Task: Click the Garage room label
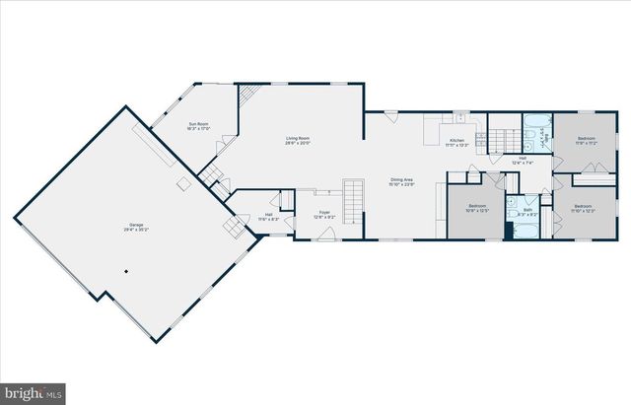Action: (x=136, y=229)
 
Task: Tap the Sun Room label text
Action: (x=199, y=126)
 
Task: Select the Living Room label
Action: (x=299, y=141)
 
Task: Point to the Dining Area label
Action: (x=400, y=181)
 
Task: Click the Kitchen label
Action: (x=456, y=143)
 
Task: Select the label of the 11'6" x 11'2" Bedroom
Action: (x=585, y=141)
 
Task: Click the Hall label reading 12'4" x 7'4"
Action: (x=523, y=161)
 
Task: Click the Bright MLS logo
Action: (x=34, y=392)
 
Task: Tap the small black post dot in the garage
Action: (x=125, y=271)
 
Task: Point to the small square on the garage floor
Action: (x=183, y=183)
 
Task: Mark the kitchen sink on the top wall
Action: (x=460, y=119)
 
